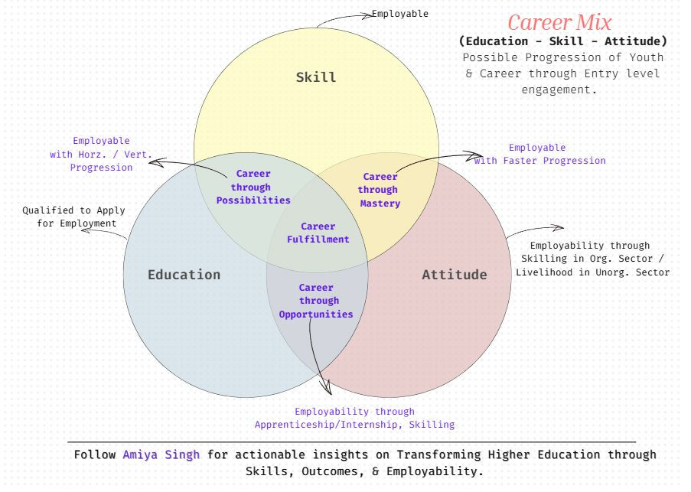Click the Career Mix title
tap(560, 22)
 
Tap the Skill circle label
tap(316, 77)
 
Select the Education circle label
tap(184, 275)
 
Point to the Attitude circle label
tap(454, 275)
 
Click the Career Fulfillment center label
tap(318, 233)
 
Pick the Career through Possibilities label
tap(253, 187)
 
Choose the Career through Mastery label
tap(380, 190)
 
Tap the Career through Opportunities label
tap(315, 301)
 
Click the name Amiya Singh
tap(161, 455)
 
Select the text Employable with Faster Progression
tap(539, 155)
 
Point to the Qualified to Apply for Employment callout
tap(73, 217)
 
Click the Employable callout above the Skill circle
tap(399, 14)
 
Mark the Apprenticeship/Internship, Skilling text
tap(354, 424)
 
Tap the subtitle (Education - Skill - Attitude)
tap(562, 41)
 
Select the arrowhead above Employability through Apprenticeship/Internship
tap(328, 389)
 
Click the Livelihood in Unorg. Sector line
tap(592, 272)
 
